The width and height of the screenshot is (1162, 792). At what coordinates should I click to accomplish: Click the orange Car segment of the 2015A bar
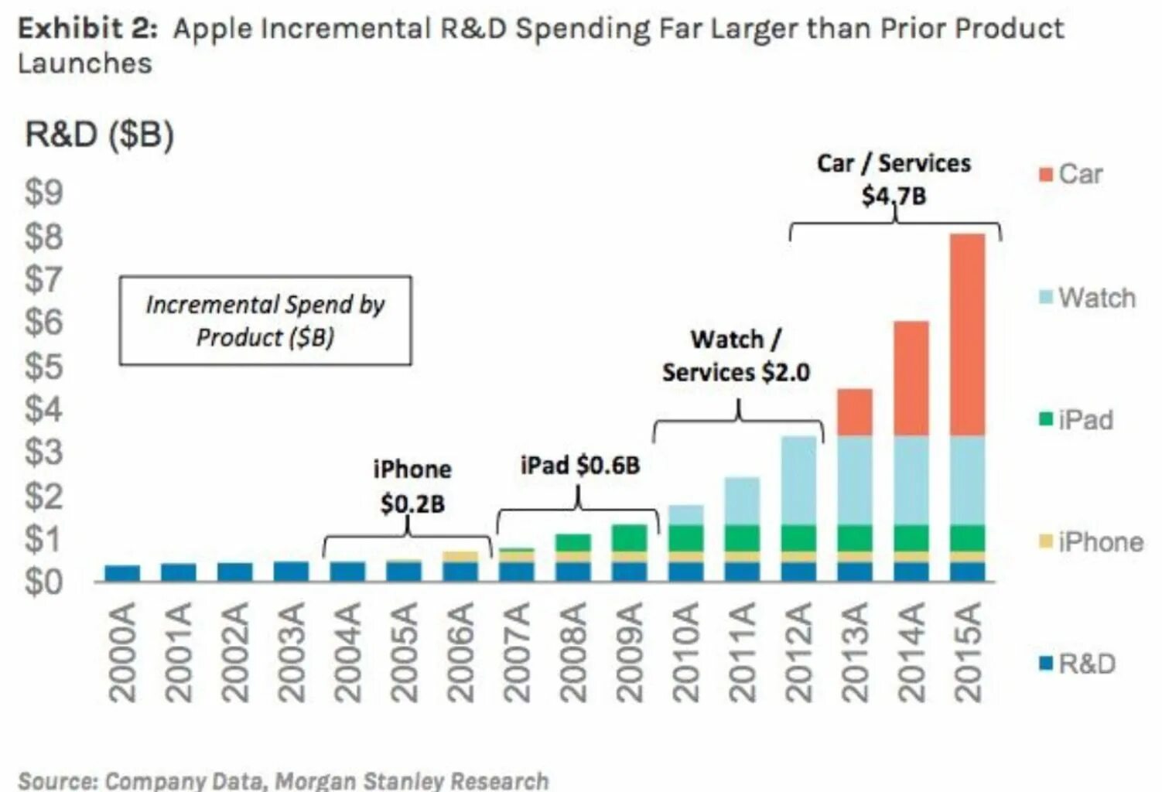[967, 334]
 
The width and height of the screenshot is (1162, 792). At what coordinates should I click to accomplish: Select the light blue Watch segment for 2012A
[798, 480]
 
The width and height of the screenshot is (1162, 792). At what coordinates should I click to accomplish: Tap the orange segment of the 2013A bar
[855, 412]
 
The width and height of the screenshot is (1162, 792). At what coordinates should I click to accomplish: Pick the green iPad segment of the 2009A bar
[629, 538]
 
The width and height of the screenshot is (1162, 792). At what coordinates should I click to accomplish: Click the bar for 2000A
[122, 573]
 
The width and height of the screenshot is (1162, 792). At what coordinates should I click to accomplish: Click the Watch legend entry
[1087, 298]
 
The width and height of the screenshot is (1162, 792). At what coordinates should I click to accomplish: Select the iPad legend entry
[1076, 420]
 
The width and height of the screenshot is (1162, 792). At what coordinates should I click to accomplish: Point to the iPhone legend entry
[1091, 542]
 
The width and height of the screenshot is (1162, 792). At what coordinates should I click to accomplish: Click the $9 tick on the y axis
[43, 193]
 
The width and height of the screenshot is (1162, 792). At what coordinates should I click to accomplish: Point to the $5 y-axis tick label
[43, 367]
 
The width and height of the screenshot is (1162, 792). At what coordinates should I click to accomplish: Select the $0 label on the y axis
[43, 582]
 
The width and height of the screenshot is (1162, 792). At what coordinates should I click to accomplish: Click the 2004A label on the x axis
[347, 652]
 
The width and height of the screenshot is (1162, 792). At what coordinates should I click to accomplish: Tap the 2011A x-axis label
[741, 652]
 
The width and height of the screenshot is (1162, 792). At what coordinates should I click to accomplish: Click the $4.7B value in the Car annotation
[894, 196]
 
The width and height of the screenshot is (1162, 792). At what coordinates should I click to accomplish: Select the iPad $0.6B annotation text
[580, 466]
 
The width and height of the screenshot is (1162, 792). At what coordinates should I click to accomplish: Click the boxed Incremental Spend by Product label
[265, 320]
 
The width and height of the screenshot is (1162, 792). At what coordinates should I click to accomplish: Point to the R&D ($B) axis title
[99, 135]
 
